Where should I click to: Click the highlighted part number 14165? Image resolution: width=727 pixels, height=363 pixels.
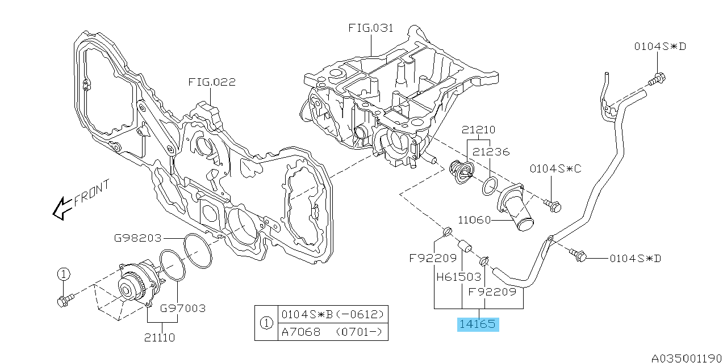(478, 324)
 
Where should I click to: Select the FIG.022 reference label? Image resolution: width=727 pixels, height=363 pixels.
(212, 82)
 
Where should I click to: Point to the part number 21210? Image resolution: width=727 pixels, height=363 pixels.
(478, 130)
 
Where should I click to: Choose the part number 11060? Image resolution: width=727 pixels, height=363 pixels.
(474, 220)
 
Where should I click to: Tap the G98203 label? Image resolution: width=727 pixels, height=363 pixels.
(138, 238)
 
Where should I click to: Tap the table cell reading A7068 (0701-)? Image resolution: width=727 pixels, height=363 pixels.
(332, 332)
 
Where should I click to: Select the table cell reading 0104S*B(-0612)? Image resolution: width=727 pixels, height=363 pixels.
(332, 314)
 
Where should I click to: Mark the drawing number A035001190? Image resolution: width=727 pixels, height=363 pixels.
(687, 358)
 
